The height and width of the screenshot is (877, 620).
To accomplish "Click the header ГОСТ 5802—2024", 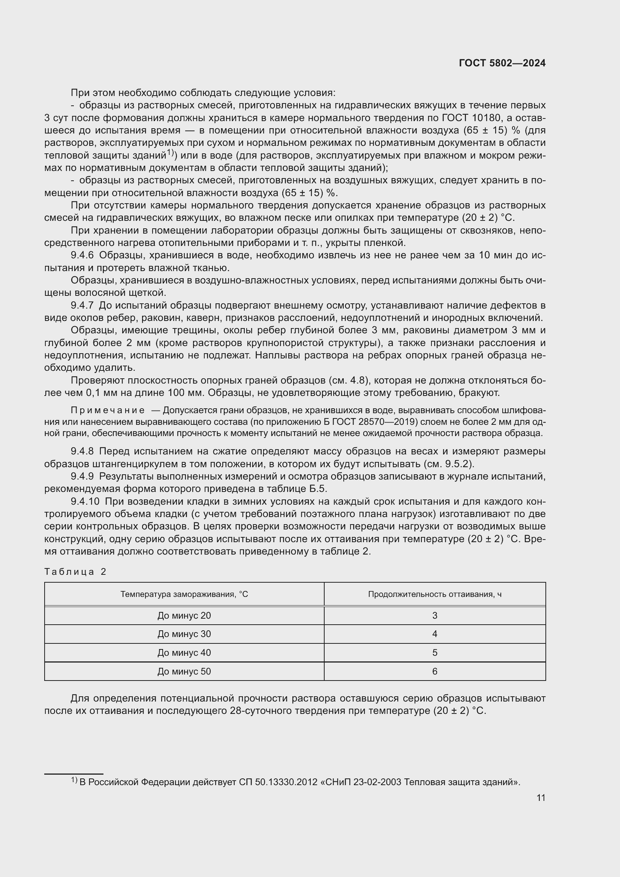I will [x=502, y=63].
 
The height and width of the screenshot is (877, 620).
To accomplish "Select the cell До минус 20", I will [x=184, y=615].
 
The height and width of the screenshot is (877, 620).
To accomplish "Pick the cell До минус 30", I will [x=184, y=634].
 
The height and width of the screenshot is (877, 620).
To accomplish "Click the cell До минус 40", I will [x=184, y=653].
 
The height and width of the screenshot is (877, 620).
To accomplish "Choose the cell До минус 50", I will [x=184, y=672].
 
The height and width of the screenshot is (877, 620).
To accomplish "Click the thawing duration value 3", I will [x=434, y=615].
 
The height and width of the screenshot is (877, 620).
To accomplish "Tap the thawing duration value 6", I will [x=434, y=672].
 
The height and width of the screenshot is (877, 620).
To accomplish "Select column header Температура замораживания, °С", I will [x=184, y=594].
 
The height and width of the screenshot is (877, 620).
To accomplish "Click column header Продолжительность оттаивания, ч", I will [x=434, y=594].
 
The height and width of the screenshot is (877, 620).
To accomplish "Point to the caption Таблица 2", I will [x=75, y=571].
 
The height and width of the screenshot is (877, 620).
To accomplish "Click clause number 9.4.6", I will [x=82, y=256].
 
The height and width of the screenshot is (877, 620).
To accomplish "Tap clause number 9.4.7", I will [x=82, y=306].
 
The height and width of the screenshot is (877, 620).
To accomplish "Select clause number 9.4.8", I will [x=82, y=451].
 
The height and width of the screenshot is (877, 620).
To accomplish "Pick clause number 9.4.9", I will [x=82, y=477].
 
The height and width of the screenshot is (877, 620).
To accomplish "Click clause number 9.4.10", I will [x=85, y=502].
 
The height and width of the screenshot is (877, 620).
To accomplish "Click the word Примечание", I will [x=108, y=411].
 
